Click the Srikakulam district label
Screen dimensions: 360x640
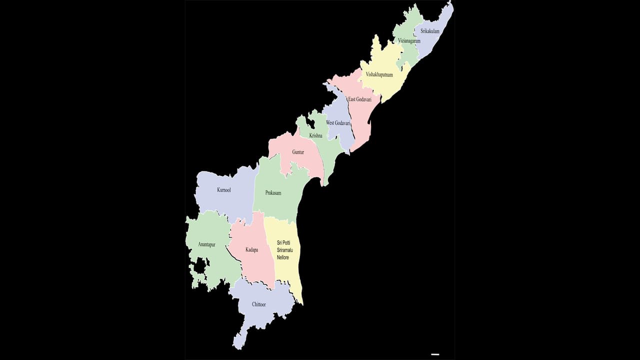430,31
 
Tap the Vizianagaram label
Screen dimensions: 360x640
409,41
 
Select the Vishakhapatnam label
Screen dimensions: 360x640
379,74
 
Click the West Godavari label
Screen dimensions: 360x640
338,122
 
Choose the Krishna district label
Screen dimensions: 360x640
316,135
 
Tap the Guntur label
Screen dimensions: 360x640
298,151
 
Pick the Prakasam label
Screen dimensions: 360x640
273,192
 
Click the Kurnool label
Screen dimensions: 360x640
224,190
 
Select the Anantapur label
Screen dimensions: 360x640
207,244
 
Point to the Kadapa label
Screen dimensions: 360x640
252,249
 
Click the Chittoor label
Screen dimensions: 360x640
259,304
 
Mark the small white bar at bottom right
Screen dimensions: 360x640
435,354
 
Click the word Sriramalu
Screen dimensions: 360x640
287,250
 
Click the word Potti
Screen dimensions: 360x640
290,242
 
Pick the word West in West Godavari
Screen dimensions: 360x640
330,122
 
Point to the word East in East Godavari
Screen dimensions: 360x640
352,99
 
